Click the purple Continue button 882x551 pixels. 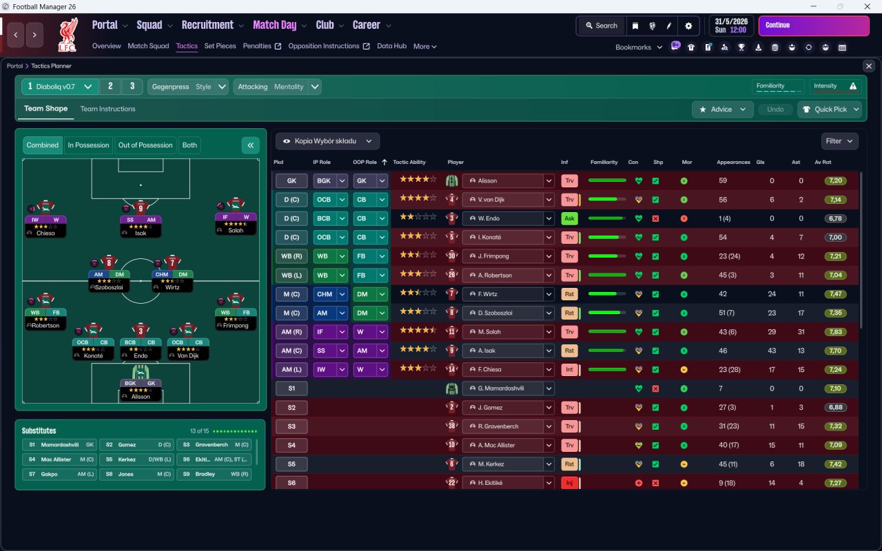pyautogui.click(x=813, y=25)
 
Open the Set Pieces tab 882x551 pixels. pyautogui.click(x=220, y=46)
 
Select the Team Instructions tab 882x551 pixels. pyautogui.click(x=107, y=109)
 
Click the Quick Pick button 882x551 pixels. pyautogui.click(x=829, y=110)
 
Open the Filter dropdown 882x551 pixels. pyautogui.click(x=839, y=141)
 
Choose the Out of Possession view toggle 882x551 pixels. pyautogui.click(x=145, y=145)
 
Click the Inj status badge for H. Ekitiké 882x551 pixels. pyautogui.click(x=569, y=483)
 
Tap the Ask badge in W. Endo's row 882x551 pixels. pyautogui.click(x=569, y=218)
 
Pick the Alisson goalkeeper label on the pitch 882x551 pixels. pyautogui.click(x=141, y=397)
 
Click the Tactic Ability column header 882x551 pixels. pyautogui.click(x=409, y=163)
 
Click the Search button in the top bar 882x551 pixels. pyautogui.click(x=601, y=25)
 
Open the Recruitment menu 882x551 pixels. pyautogui.click(x=207, y=25)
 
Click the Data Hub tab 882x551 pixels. pyautogui.click(x=391, y=46)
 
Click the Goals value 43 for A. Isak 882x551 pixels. pyautogui.click(x=772, y=351)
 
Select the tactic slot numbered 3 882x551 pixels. pyautogui.click(x=132, y=87)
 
